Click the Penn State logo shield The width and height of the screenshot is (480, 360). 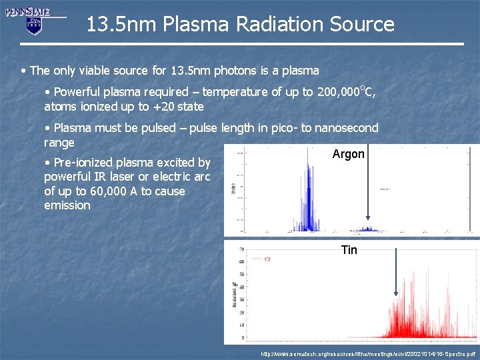tap(34, 25)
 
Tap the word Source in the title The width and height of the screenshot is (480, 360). tap(361, 25)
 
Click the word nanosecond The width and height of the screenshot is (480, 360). tap(346, 128)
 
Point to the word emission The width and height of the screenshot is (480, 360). tap(67, 205)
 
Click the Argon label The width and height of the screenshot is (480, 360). tap(349, 154)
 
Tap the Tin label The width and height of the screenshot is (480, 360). tap(349, 250)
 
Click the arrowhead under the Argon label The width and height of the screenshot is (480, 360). tap(368, 217)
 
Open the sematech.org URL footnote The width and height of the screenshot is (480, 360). tap(368, 353)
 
